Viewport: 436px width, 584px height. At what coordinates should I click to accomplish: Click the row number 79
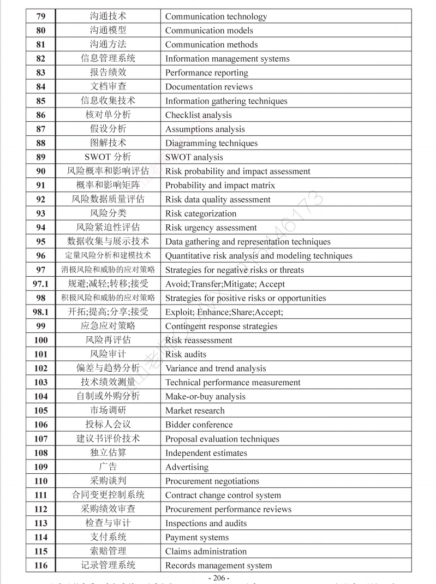pos(41,16)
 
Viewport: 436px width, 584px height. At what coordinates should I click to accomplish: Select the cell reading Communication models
pos(209,31)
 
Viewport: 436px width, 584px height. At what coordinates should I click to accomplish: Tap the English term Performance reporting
pos(206,73)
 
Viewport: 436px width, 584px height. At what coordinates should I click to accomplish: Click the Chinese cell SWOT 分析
pos(108,157)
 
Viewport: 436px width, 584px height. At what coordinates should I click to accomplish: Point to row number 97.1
pos(41,284)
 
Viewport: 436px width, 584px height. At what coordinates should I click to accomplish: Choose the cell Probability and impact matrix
pos(220,185)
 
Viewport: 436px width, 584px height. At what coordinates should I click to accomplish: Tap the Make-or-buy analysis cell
pos(205,397)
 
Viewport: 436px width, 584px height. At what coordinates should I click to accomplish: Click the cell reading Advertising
pos(187,467)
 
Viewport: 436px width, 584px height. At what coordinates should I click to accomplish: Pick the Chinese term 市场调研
pos(108,410)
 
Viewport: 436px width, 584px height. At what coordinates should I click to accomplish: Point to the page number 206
pos(218,578)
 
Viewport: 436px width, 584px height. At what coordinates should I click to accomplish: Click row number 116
pos(41,565)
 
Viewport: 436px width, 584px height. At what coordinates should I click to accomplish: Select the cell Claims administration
pos(206,551)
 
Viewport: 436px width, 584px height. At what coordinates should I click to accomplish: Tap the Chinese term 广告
pos(108,467)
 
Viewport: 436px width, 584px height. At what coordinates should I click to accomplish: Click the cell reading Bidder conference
pos(199,425)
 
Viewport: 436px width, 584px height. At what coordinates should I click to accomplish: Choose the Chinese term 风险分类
pos(108,213)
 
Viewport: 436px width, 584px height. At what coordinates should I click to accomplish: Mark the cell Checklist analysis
pos(199,115)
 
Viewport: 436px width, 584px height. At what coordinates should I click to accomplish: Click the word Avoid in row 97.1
pos(176,284)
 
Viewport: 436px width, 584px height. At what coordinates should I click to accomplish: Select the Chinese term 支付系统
pos(108,538)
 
